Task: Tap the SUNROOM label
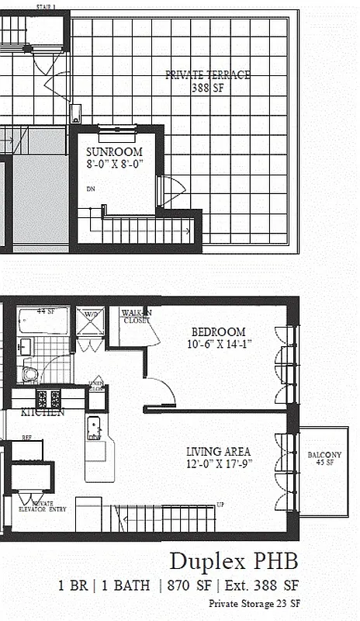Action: [113, 151]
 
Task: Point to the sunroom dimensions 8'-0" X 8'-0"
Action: [113, 164]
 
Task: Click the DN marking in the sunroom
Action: [90, 188]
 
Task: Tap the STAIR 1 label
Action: [47, 6]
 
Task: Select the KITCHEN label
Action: [42, 412]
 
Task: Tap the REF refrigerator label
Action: [26, 437]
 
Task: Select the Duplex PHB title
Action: [233, 561]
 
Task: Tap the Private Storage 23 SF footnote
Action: [254, 603]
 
